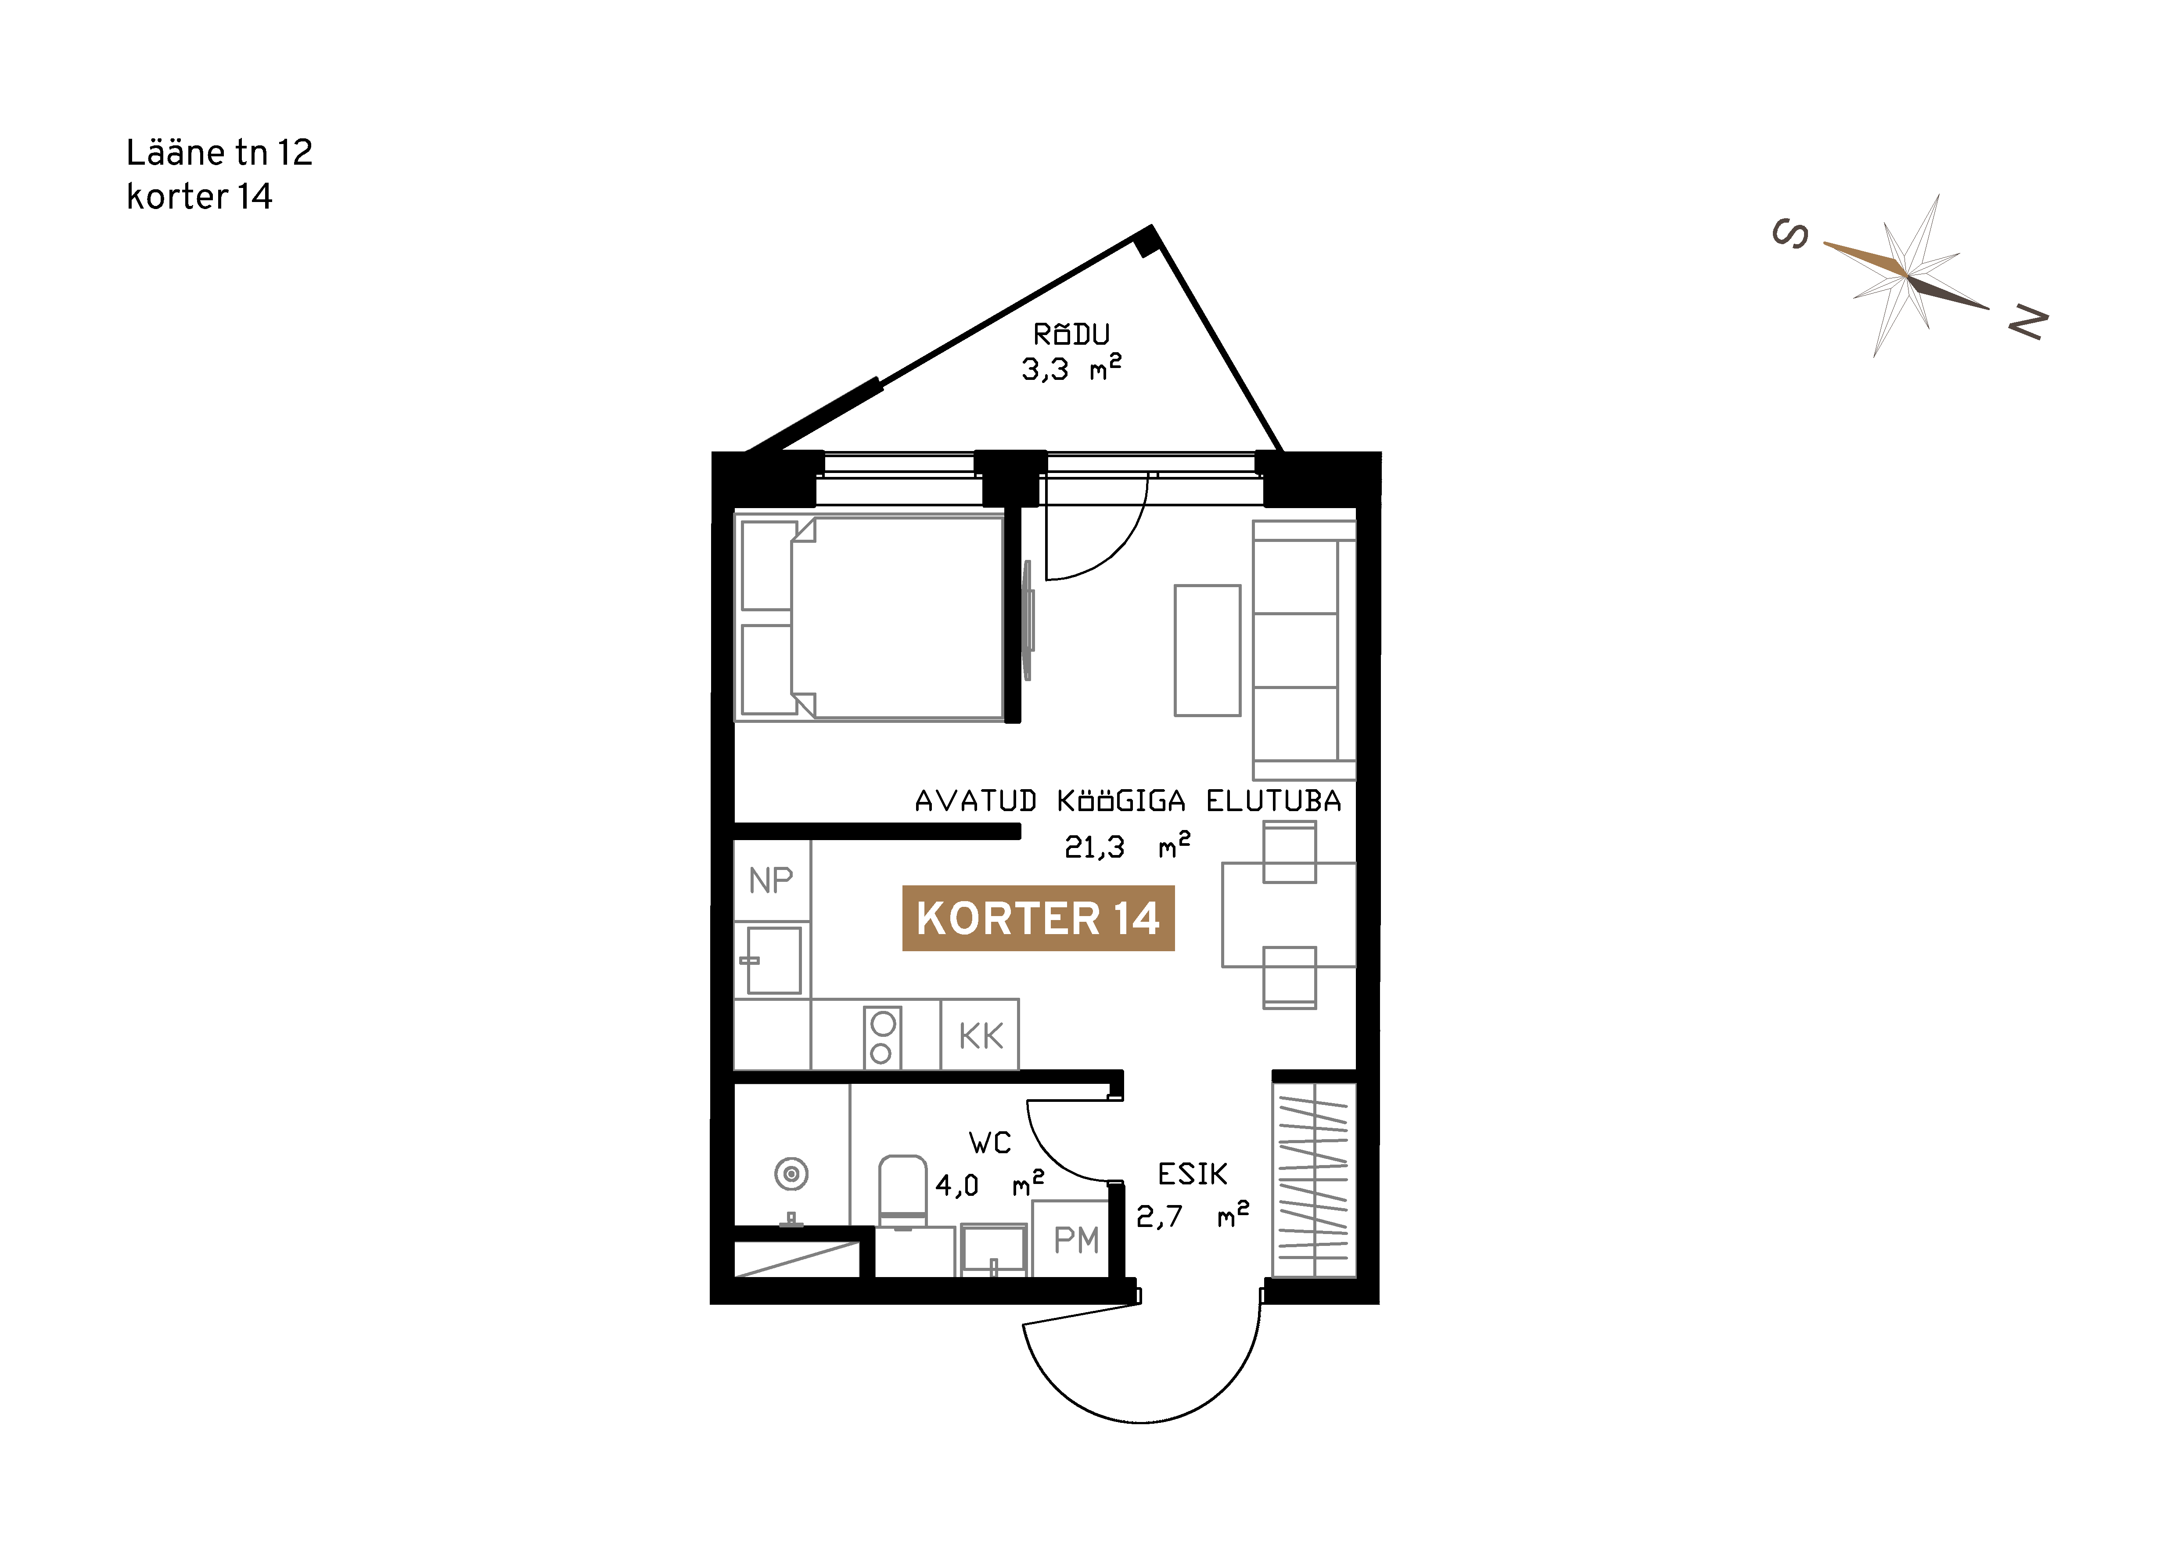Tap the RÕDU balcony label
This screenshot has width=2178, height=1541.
coord(1071,334)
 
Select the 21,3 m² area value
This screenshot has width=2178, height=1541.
coord(1127,844)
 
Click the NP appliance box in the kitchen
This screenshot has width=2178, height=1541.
coord(771,881)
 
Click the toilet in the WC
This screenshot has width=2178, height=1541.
coord(902,1192)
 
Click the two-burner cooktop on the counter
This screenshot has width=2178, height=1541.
coord(882,1037)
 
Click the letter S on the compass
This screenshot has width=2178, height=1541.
coord(1790,234)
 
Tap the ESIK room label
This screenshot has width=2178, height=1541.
coord(1193,1175)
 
